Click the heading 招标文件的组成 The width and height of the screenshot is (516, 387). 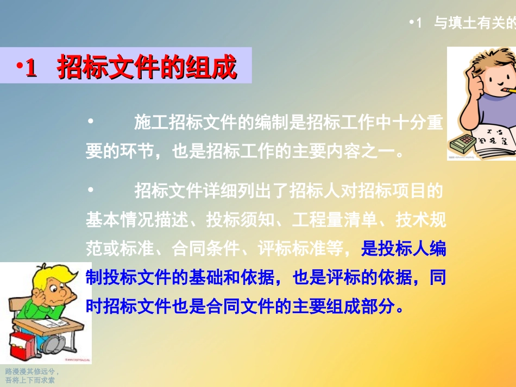coord(147,67)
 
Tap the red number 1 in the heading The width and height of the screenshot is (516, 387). coord(31,68)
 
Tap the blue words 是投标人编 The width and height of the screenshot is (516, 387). coord(404,249)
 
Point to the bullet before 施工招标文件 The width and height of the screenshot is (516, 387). coord(91,123)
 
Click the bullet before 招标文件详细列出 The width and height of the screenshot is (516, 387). coord(91,191)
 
